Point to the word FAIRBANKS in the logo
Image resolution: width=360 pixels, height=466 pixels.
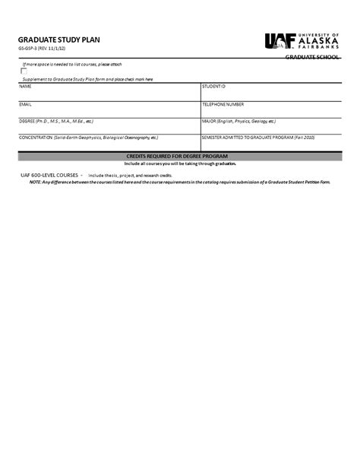coord(322,49)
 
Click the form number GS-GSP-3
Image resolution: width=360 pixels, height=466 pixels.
coord(27,49)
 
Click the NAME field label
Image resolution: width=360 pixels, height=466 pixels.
coord(25,87)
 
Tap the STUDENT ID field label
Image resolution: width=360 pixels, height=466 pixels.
coord(213,87)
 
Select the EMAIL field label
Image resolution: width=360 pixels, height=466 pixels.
coord(25,103)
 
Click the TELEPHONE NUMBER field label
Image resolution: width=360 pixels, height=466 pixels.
coord(223,103)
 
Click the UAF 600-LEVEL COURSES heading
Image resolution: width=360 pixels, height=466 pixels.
coord(51,175)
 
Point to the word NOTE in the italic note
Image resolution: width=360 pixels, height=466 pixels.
coord(25,182)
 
